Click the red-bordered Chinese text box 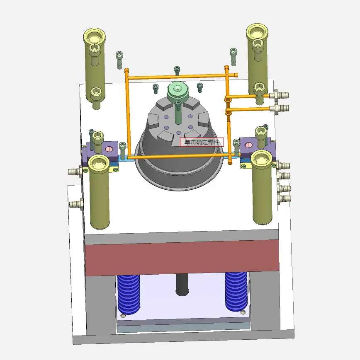[x=202, y=142]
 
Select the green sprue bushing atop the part [x=178, y=92]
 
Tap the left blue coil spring [x=129, y=294]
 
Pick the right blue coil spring [x=236, y=292]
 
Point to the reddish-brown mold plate [x=182, y=258]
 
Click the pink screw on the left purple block [x=109, y=149]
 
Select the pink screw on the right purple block [x=248, y=145]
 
